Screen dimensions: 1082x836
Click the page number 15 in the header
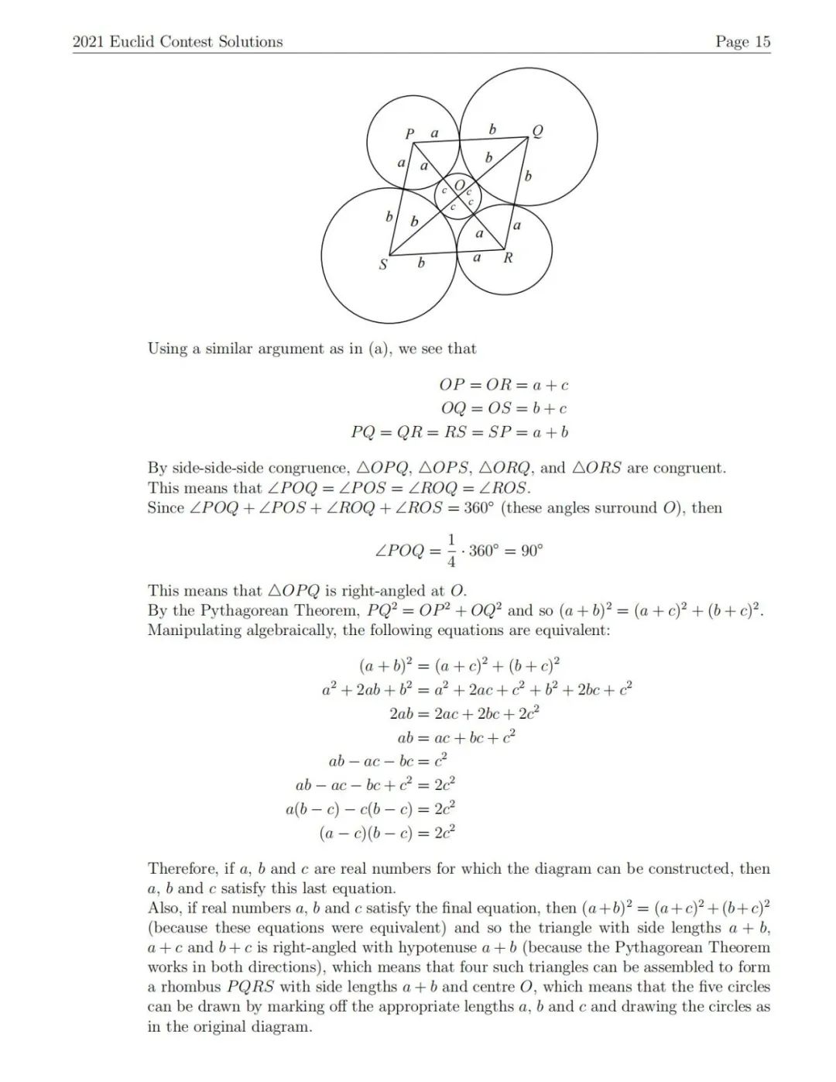click(762, 42)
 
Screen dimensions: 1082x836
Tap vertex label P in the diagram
click(410, 133)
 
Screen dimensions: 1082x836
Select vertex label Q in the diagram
click(537, 130)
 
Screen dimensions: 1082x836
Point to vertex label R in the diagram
click(508, 258)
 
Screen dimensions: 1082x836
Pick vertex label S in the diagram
click(382, 265)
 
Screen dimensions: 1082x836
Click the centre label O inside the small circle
click(459, 186)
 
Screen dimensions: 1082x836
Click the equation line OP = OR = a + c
click(503, 385)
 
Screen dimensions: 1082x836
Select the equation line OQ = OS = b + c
click(503, 408)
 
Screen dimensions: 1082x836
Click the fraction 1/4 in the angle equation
click(452, 551)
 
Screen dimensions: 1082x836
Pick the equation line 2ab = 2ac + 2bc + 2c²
click(464, 713)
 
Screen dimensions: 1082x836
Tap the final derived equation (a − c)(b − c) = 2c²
click(386, 833)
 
